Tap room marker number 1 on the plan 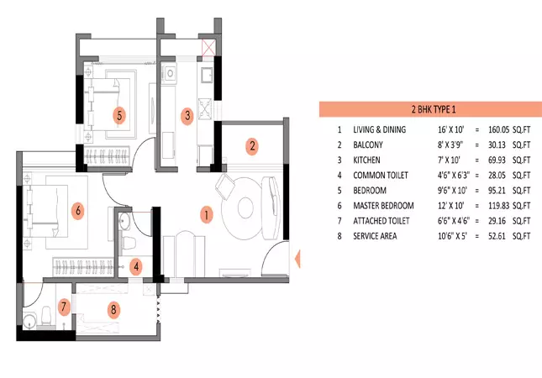pyautogui.click(x=204, y=214)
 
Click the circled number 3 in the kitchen pyautogui.click(x=187, y=115)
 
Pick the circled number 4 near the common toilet pyautogui.click(x=135, y=267)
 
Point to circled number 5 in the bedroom pyautogui.click(x=120, y=114)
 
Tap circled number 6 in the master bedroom pyautogui.click(x=78, y=211)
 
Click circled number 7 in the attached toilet pyautogui.click(x=64, y=307)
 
